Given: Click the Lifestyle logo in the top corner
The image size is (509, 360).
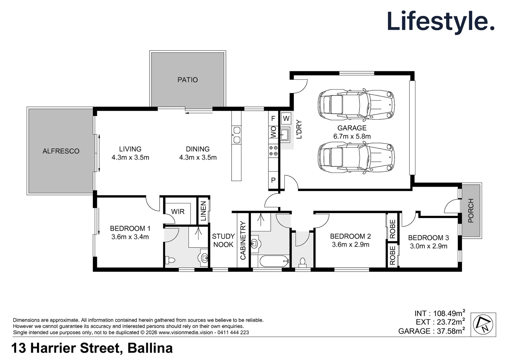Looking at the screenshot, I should [x=440, y=21].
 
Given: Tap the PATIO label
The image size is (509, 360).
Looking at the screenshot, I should [x=188, y=80].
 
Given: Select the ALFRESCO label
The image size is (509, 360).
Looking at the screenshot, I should [x=61, y=151].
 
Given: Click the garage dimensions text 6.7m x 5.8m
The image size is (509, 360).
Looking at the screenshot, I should [x=352, y=136].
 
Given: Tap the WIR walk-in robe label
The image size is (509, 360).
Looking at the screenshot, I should [x=178, y=212].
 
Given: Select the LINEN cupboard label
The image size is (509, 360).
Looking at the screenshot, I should [x=203, y=211].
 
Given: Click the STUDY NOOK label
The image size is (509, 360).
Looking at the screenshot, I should [x=223, y=240].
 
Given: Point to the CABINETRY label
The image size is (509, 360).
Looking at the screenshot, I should [x=243, y=240].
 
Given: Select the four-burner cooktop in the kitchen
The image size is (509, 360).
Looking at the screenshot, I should [x=273, y=151].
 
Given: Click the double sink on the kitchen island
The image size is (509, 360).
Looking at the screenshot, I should [x=237, y=135].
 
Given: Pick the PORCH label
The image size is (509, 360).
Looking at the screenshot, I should [x=471, y=210].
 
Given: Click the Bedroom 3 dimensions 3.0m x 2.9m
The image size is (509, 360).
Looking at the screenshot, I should [x=428, y=246].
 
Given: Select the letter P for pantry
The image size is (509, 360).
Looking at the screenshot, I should [x=273, y=180].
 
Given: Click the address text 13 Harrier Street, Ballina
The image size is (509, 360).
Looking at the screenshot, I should [x=92, y=348].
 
